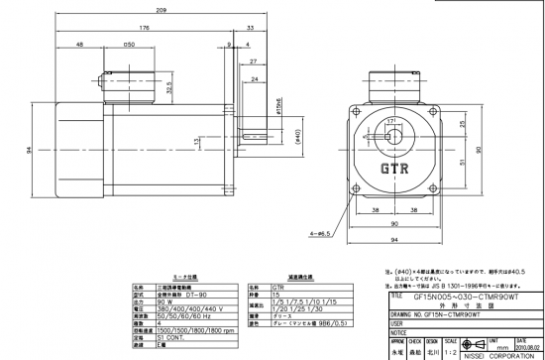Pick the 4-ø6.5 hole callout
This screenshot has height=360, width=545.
(320, 234)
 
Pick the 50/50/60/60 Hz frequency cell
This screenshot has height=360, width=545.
(174, 315)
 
